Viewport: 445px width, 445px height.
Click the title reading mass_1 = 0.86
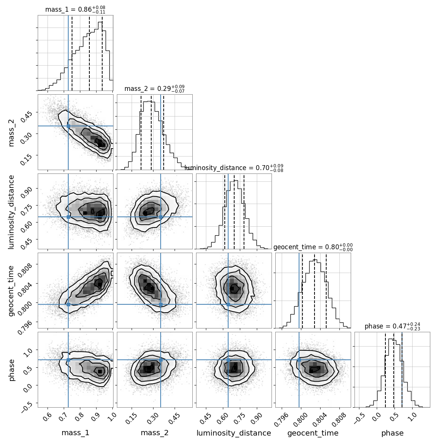[x=75, y=10]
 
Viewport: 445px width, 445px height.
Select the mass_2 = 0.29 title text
[x=154, y=89]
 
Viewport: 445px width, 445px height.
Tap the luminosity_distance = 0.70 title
[x=234, y=168]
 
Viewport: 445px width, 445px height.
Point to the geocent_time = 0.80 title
[x=313, y=247]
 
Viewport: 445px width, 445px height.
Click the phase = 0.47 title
[x=392, y=327]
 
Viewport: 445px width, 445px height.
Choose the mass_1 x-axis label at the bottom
[x=75, y=433]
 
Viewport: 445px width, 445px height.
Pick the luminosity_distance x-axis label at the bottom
[x=234, y=433]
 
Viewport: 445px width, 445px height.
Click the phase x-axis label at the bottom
[x=392, y=433]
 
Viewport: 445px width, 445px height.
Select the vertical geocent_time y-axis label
[x=11, y=290]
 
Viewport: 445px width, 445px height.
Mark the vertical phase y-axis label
[x=11, y=370]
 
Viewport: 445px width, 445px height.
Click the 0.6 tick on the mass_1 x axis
[x=48, y=417]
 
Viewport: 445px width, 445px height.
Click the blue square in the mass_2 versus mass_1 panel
[x=68, y=126]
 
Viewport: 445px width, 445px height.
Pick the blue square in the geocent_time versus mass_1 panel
[x=68, y=304]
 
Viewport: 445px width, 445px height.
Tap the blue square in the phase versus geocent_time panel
[x=299, y=360]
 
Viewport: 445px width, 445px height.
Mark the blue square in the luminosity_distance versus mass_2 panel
[x=161, y=217]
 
